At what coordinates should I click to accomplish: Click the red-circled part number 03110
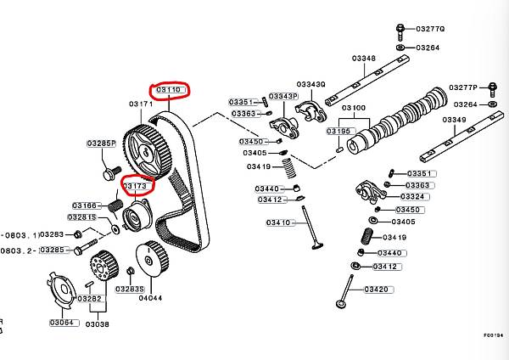(168, 89)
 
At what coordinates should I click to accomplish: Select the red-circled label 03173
(136, 185)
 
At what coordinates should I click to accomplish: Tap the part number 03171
(140, 104)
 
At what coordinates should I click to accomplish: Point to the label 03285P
(101, 143)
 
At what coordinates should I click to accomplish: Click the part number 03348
(364, 59)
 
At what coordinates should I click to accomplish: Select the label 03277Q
(430, 29)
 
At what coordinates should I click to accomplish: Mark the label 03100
(354, 109)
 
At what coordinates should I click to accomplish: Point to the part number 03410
(278, 222)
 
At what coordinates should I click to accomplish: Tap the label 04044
(149, 298)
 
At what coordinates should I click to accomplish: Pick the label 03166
(85, 205)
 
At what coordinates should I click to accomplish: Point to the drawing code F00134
(493, 335)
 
